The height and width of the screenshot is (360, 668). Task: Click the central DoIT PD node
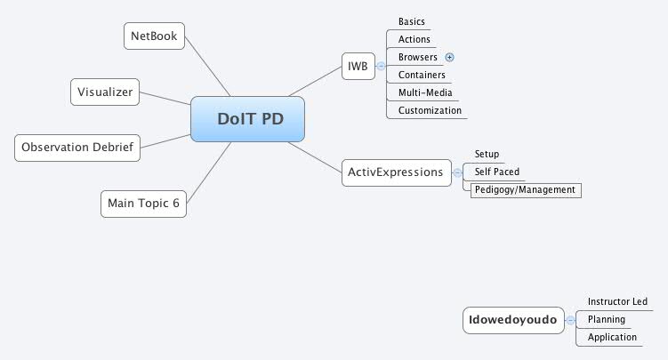click(247, 119)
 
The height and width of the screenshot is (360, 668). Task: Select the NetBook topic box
click(154, 36)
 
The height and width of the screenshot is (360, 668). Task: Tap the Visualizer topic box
click(104, 91)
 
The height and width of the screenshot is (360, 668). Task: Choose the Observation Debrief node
click(77, 147)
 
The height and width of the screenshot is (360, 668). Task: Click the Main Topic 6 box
click(143, 203)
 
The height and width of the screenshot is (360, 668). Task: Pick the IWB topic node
click(358, 65)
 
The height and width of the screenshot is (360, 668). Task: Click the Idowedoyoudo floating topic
click(513, 320)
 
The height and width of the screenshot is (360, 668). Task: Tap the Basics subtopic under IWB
click(412, 21)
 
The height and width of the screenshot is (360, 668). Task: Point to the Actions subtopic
click(414, 39)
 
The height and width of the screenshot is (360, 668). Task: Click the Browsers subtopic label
click(417, 57)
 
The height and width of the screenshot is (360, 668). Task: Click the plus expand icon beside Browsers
click(449, 57)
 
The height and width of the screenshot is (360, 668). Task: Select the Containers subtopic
click(422, 75)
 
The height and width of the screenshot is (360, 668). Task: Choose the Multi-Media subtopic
click(425, 92)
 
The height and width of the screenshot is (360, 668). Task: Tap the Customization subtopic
click(430, 110)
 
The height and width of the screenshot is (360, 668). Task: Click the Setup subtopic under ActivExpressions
click(487, 154)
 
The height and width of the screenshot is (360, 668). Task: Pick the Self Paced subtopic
click(497, 172)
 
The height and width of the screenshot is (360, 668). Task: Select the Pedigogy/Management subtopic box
click(525, 189)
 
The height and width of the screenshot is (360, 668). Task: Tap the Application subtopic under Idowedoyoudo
click(612, 337)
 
